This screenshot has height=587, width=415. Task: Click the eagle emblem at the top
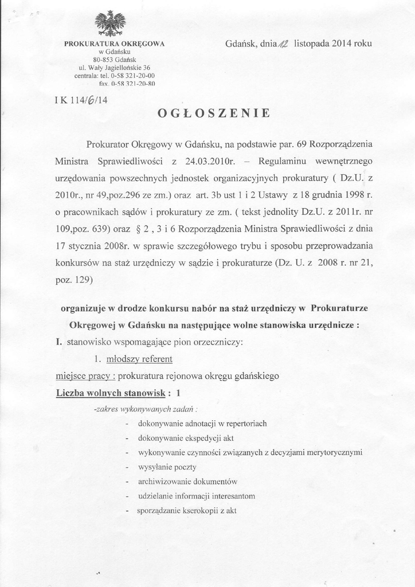click(x=110, y=24)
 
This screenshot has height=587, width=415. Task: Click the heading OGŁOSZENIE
click(x=213, y=113)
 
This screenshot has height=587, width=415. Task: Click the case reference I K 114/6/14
click(x=81, y=99)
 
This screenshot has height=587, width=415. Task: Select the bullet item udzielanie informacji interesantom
click(x=197, y=496)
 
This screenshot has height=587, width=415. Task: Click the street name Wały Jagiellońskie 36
click(x=119, y=67)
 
